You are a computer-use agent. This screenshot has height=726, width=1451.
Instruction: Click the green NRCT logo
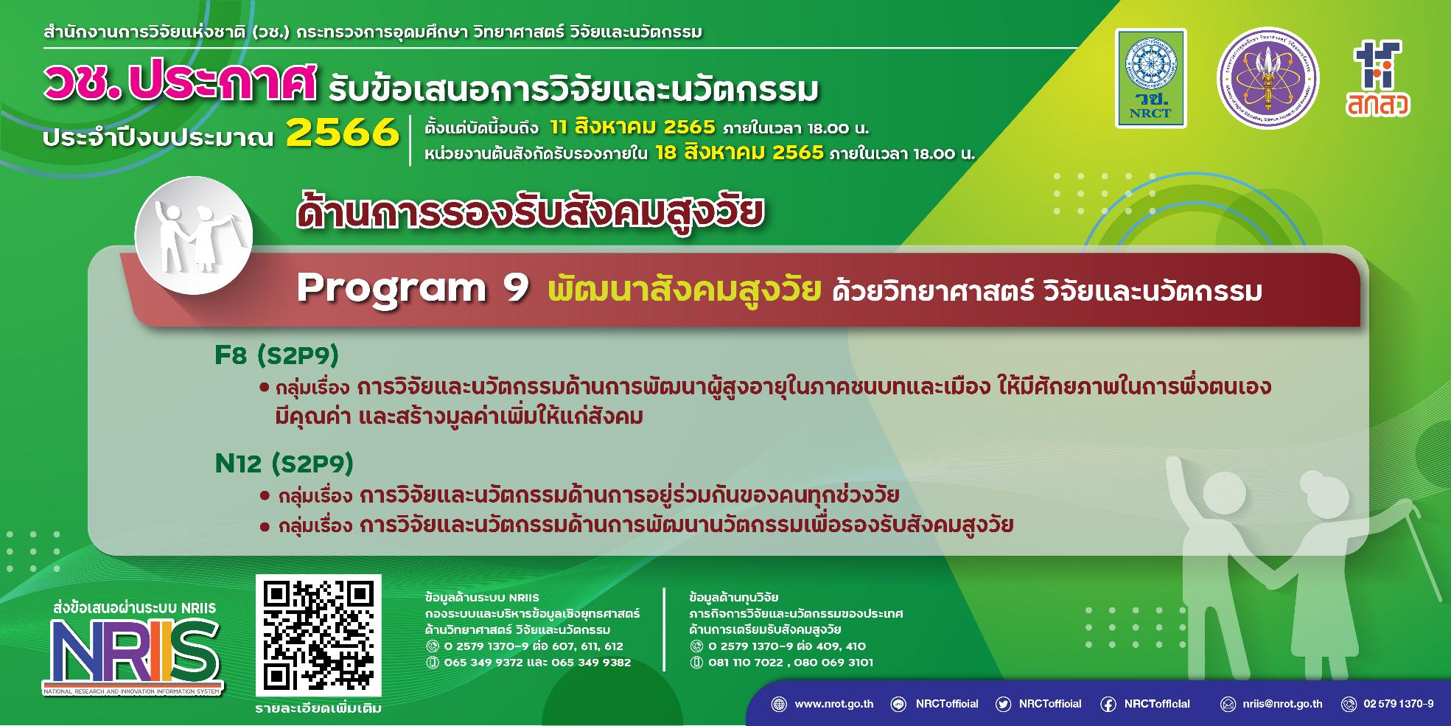tap(1150, 78)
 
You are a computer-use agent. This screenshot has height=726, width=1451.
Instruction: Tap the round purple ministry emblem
tap(1268, 79)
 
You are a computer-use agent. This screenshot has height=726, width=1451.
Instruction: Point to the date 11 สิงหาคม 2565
tap(632, 128)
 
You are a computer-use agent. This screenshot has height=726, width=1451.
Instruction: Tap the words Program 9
tap(413, 290)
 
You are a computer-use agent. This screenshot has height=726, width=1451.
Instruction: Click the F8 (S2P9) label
tap(277, 355)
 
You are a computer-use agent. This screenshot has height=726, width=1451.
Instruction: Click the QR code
tap(318, 635)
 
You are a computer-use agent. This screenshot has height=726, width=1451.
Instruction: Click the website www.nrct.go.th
tap(833, 704)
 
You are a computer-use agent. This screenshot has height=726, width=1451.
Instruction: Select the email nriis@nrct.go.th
tap(1282, 704)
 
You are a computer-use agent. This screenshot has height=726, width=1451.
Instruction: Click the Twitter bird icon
tap(1002, 704)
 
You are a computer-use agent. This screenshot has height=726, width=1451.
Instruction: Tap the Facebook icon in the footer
tap(1107, 704)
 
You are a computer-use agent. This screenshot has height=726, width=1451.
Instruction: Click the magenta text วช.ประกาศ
tap(181, 88)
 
